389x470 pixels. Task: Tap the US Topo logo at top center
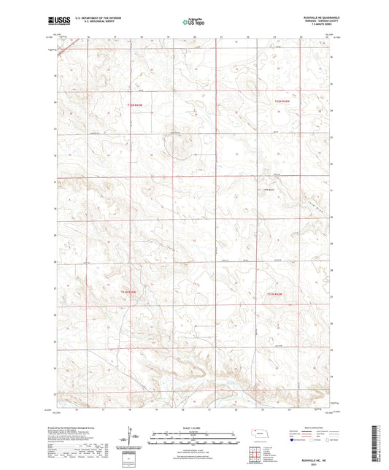(193, 23)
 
